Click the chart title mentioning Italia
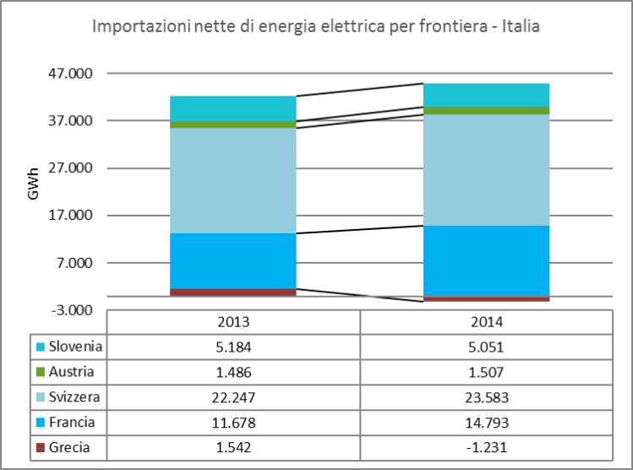(315, 26)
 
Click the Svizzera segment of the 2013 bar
(233, 180)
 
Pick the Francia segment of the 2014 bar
(487, 260)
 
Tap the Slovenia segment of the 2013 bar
(233, 108)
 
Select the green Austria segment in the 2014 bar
(487, 111)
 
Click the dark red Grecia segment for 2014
(487, 298)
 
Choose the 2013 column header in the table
(233, 322)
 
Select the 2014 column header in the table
(487, 322)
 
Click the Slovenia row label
(75, 347)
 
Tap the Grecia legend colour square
(39, 448)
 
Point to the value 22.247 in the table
(233, 397)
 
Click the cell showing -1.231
(487, 448)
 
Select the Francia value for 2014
(487, 423)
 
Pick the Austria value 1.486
(233, 372)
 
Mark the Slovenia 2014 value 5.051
(487, 347)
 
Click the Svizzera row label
(75, 397)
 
